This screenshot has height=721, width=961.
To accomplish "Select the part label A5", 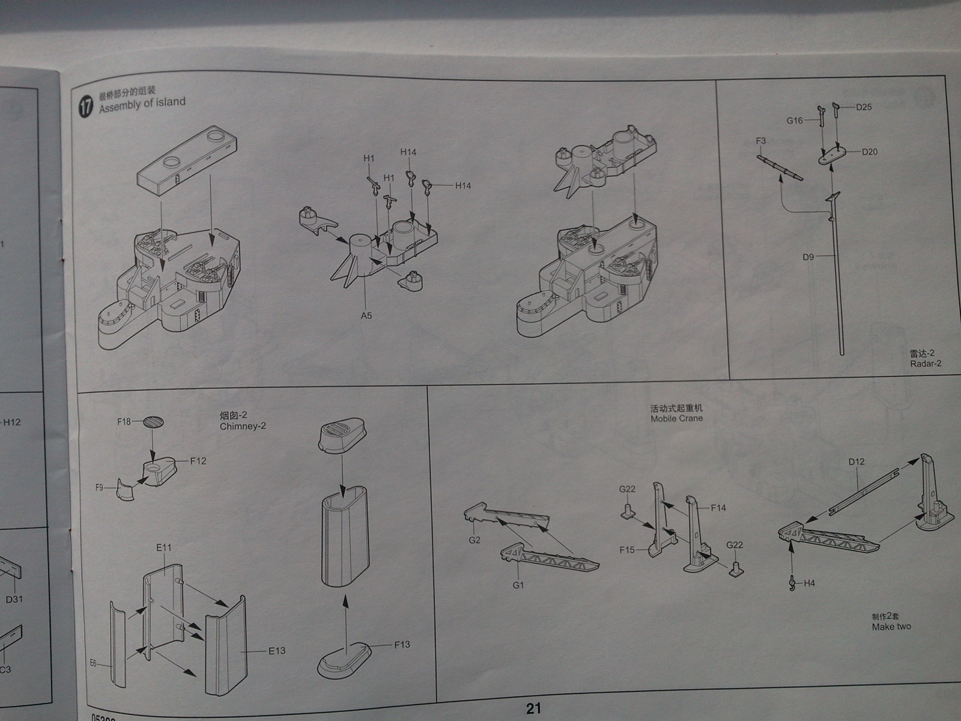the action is click(366, 315).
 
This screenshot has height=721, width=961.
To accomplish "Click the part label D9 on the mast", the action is click(808, 257).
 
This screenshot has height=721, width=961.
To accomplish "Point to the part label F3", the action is click(761, 141).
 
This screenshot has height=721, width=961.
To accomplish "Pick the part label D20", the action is click(869, 152).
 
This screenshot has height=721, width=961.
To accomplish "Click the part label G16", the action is click(795, 120).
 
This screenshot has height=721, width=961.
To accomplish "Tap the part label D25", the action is click(864, 107).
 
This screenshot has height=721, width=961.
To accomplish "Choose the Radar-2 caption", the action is click(926, 363).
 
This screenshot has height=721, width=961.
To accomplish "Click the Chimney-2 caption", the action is click(243, 425).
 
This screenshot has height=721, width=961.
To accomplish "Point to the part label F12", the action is click(198, 461).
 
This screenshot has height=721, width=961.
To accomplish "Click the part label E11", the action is click(163, 547).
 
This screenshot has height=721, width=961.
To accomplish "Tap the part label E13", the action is click(277, 650).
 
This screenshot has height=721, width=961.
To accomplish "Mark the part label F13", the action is click(402, 644).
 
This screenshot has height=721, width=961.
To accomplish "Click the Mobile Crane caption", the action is click(676, 418).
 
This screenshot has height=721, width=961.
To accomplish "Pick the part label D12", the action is click(856, 461).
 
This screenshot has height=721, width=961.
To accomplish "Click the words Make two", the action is click(891, 627).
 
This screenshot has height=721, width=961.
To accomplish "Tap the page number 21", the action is click(533, 708).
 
